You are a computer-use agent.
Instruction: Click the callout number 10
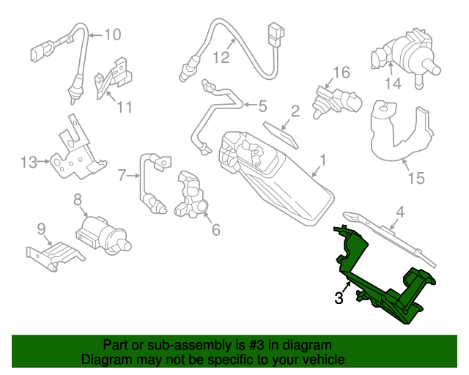pos(111,34)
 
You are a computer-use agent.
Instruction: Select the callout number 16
pos(341,73)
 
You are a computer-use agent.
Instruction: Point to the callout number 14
pos(394,84)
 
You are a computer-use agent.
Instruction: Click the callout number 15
pos(416,179)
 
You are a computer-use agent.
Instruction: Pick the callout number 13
pos(29,163)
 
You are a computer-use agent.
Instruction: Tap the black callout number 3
pos(339,297)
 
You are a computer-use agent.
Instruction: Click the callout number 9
pos(42,228)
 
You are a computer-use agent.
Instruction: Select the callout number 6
pos(215,230)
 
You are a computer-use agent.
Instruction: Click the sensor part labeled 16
pos(336,100)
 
